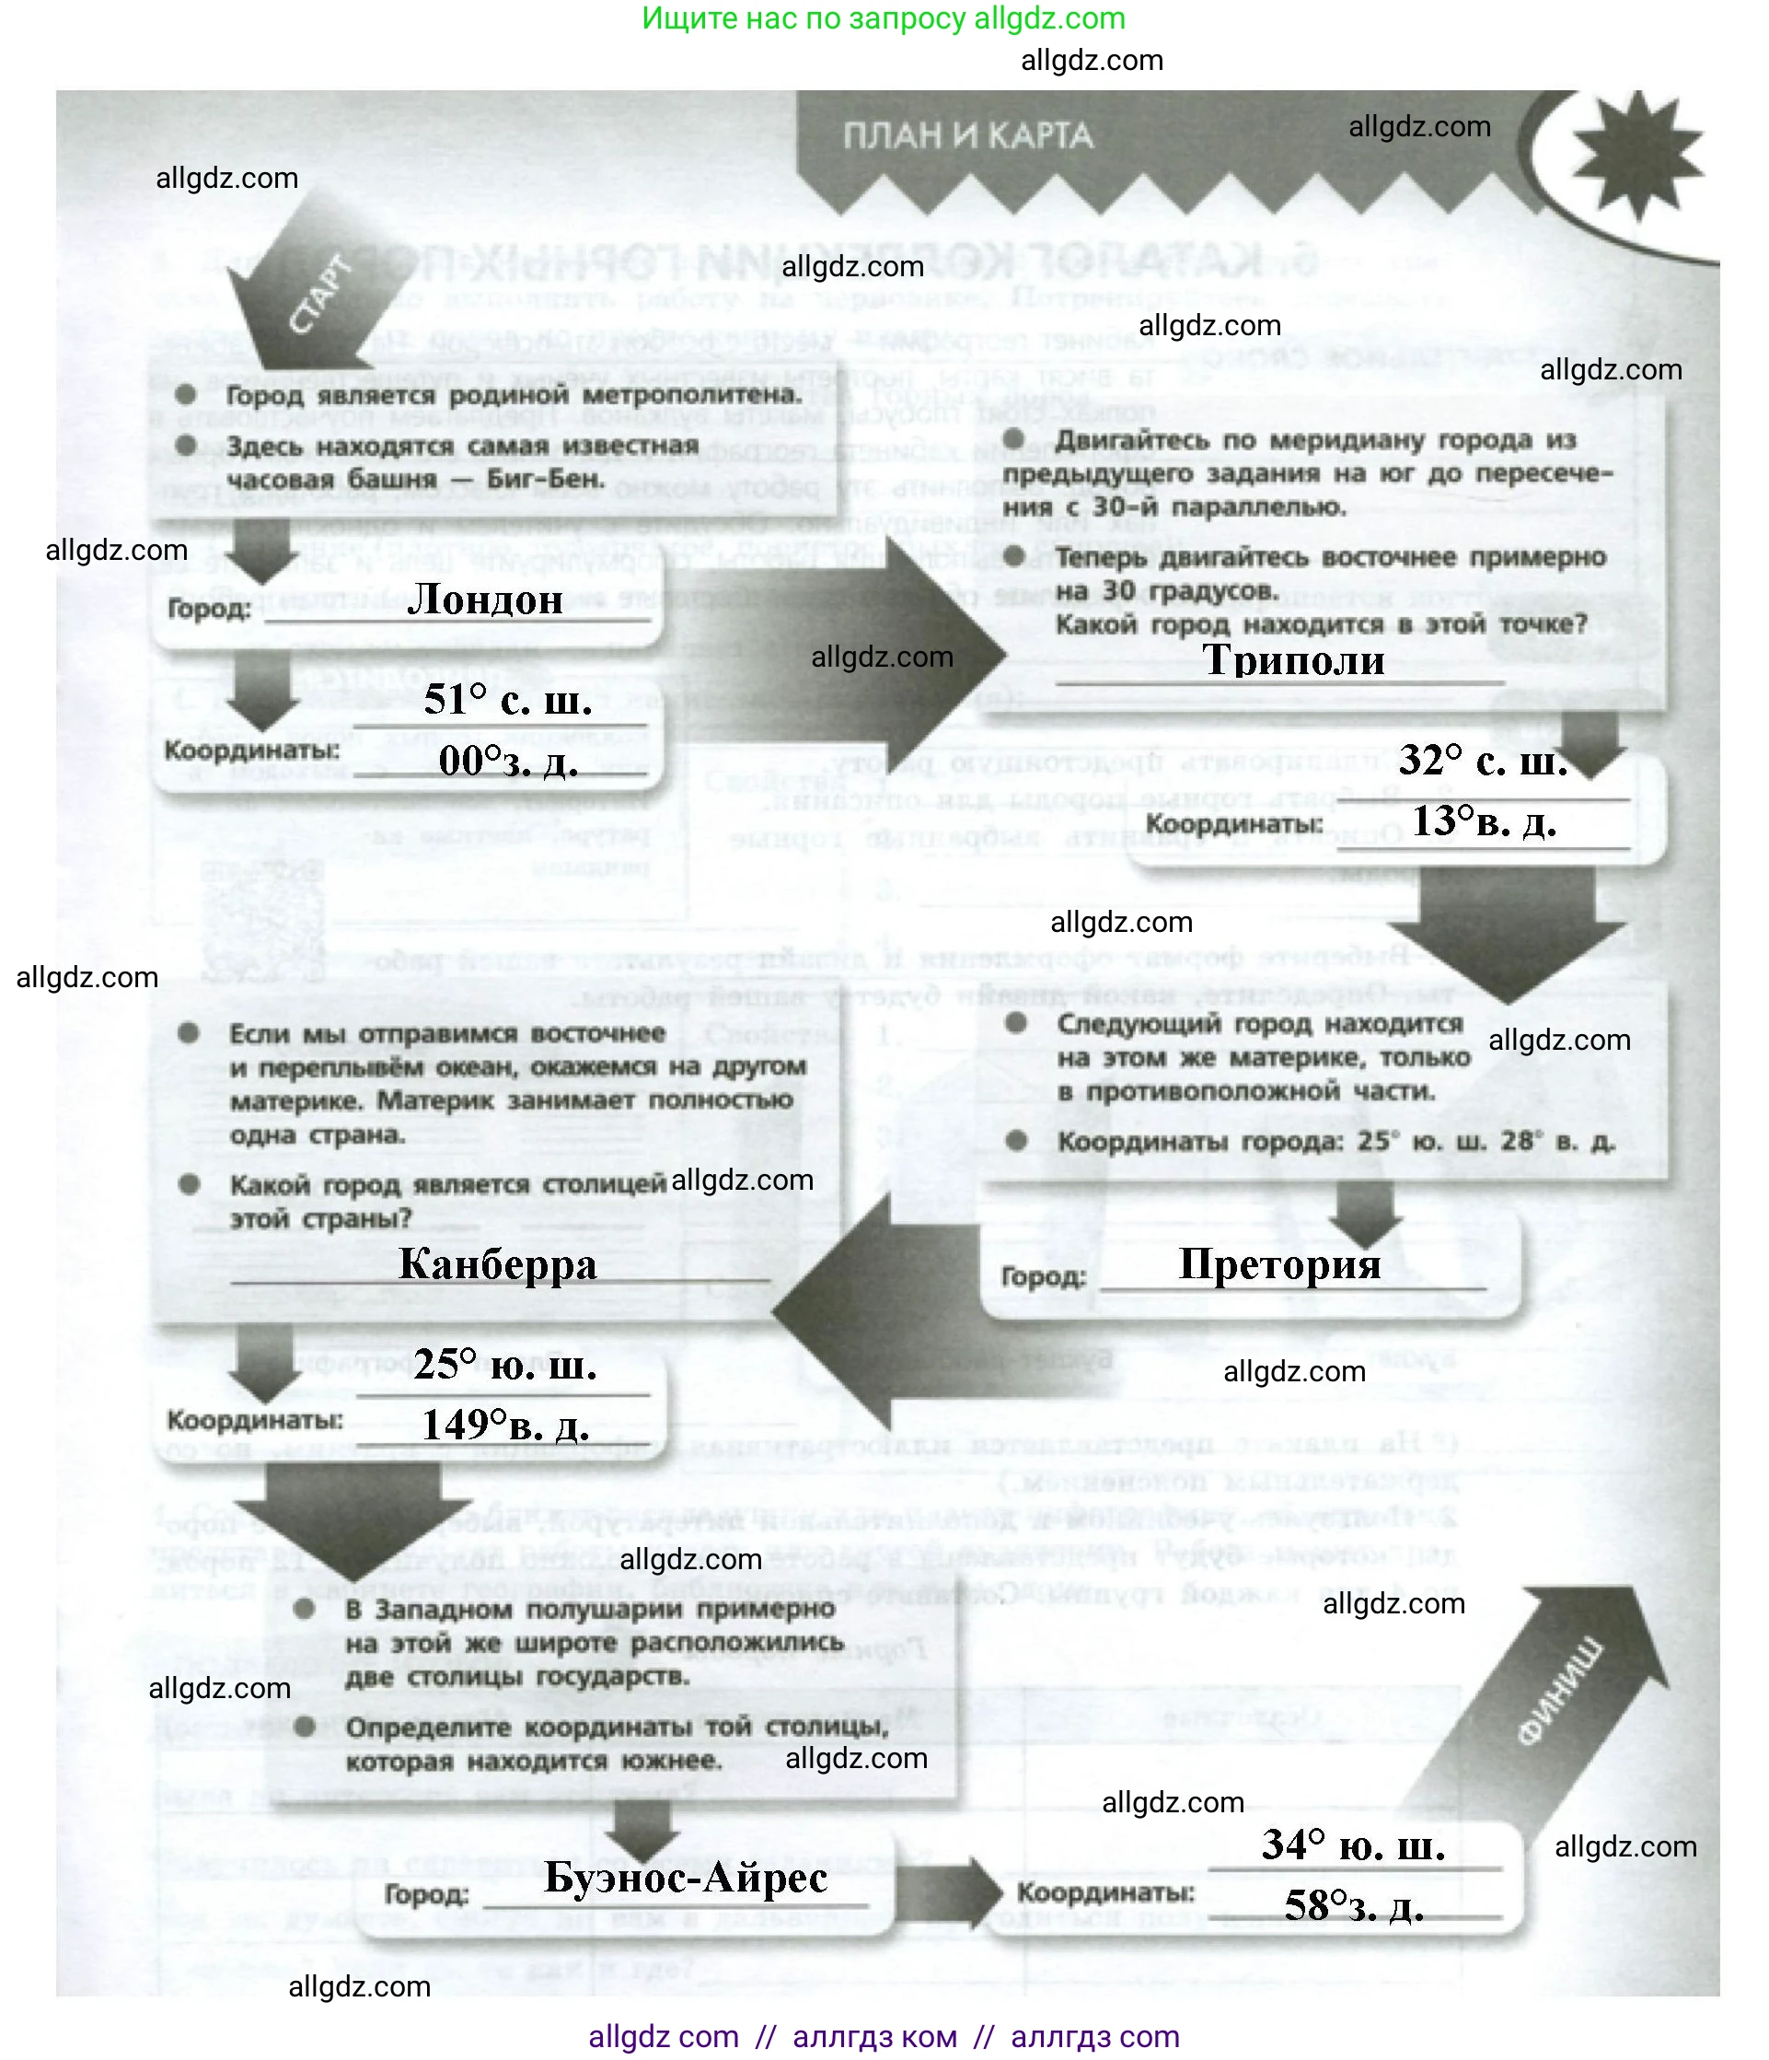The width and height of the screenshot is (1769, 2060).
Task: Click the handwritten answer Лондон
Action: (485, 599)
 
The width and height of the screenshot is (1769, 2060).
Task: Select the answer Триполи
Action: (1293, 660)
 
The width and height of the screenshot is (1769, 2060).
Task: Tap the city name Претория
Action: (1279, 1264)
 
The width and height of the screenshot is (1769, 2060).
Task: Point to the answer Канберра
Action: (497, 1264)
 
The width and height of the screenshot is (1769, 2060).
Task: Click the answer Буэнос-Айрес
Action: (686, 1878)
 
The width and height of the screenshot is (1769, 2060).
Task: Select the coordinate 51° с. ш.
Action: (507, 701)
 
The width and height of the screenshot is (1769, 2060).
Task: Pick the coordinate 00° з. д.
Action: (507, 762)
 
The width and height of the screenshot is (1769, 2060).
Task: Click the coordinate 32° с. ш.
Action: (1482, 762)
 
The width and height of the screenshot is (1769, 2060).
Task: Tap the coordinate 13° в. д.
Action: (1484, 822)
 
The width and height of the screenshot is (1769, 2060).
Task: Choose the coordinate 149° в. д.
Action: (505, 1426)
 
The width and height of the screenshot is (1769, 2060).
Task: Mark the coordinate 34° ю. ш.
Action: (1353, 1846)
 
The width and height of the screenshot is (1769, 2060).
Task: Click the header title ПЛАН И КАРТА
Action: (967, 136)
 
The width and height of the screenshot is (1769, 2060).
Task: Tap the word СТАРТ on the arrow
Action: (320, 296)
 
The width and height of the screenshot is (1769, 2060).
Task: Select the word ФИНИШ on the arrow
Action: (1560, 1690)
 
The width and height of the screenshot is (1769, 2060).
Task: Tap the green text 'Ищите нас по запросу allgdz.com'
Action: (883, 19)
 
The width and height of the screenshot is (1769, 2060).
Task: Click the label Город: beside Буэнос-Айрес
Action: (426, 1895)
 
